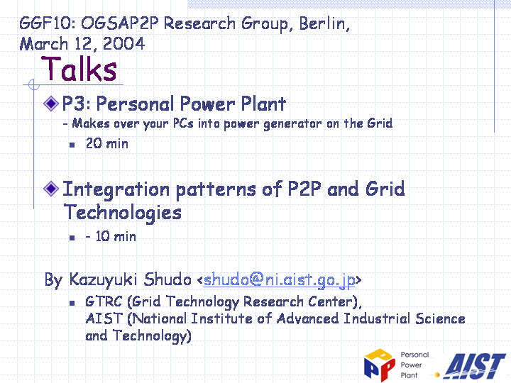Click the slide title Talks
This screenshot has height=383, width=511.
[x=79, y=69]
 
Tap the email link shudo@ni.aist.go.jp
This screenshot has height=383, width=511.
[x=280, y=279]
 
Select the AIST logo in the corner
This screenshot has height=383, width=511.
[x=475, y=366]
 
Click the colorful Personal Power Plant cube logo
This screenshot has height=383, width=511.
[x=380, y=365]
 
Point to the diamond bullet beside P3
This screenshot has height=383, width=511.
[x=51, y=104]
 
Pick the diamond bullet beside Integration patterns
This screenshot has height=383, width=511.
[x=51, y=189]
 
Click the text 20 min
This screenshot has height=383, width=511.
[x=107, y=143]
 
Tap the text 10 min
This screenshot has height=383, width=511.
[x=116, y=236]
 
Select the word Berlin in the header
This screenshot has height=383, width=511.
[x=324, y=23]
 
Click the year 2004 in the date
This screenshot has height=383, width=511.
[x=123, y=44]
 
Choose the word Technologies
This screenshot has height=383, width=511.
[x=123, y=213]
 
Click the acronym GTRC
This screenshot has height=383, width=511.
[x=104, y=301]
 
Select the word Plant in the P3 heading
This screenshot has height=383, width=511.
[x=263, y=104]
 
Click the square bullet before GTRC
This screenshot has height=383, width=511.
[x=72, y=304]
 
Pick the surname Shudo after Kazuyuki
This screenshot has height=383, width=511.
[x=167, y=279]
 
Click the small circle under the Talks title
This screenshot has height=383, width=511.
[x=34, y=84]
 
